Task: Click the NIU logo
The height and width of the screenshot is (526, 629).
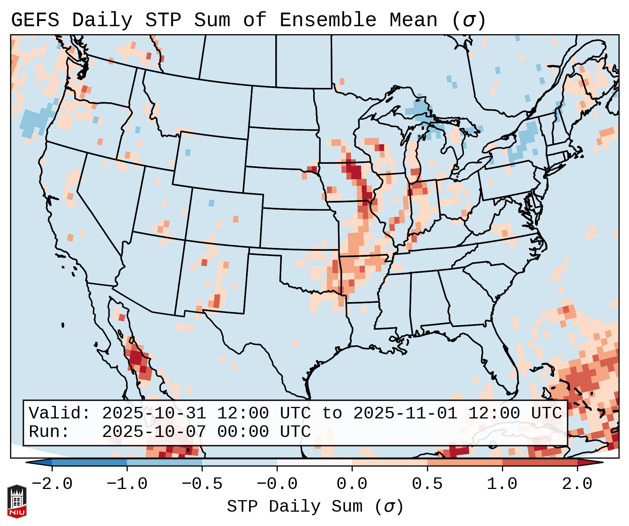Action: [x=17, y=501]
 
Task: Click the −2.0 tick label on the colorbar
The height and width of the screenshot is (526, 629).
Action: [x=52, y=484]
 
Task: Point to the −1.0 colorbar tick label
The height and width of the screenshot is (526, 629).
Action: [x=127, y=484]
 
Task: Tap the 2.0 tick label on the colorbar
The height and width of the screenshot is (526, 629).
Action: [x=577, y=484]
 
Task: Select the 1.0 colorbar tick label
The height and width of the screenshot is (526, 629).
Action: [x=502, y=484]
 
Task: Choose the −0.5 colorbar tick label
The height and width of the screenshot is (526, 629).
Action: [x=202, y=484]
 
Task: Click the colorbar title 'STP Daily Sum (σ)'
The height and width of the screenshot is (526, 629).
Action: [x=315, y=506]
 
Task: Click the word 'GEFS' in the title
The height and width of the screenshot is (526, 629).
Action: [x=35, y=20]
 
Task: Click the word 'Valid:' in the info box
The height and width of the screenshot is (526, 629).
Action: [x=60, y=413]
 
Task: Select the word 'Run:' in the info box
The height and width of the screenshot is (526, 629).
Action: [x=49, y=432]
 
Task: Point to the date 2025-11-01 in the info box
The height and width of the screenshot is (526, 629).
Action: [x=405, y=413]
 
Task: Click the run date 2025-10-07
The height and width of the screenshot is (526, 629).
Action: [x=154, y=432]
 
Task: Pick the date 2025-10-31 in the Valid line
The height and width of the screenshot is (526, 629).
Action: [x=154, y=413]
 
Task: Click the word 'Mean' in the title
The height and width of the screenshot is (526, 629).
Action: [x=413, y=20]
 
